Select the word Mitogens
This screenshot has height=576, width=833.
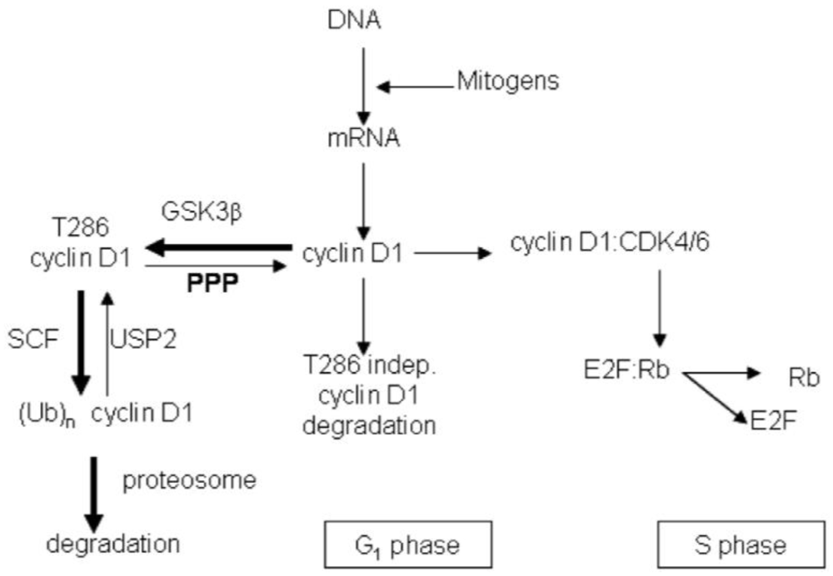coord(507,81)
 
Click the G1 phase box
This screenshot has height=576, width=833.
coord(391,545)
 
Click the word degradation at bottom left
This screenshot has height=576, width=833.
coord(113,544)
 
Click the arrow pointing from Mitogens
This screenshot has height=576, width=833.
coord(412,85)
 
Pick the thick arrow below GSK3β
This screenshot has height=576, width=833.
coord(218,247)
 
